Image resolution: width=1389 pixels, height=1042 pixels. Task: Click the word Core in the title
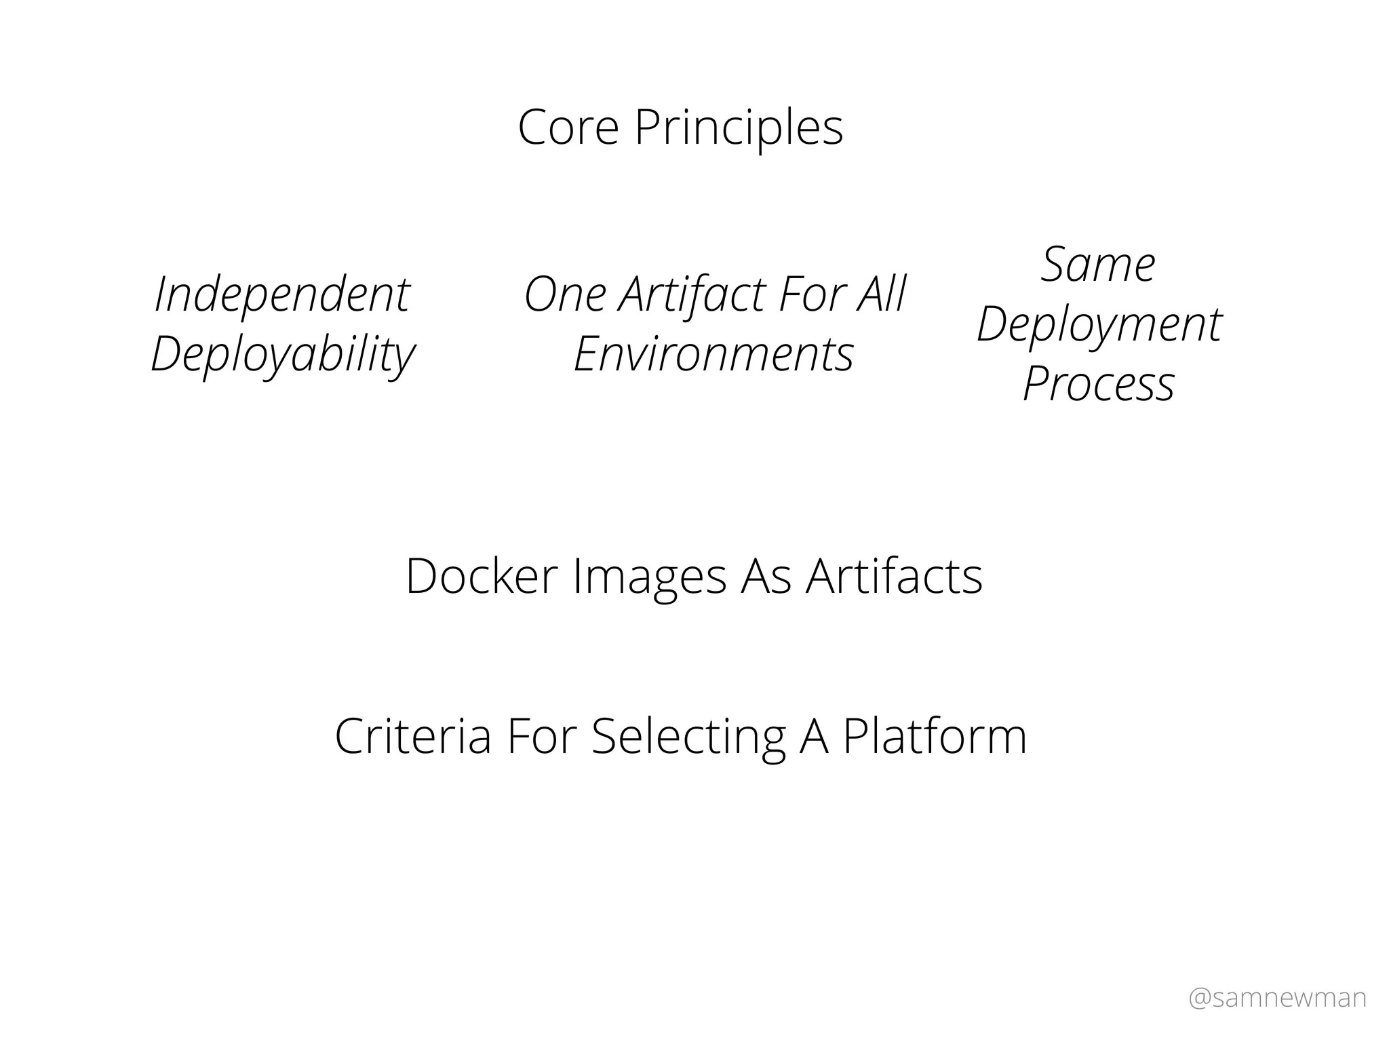click(568, 127)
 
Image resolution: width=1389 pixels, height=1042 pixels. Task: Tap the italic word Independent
click(281, 295)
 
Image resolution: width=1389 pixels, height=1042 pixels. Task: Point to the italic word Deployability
click(282, 355)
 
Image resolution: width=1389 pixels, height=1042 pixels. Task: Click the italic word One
click(565, 295)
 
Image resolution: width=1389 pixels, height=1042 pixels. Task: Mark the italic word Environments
click(713, 354)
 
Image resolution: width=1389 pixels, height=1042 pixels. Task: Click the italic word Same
click(1098, 264)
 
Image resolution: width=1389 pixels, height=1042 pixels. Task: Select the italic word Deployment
click(1099, 325)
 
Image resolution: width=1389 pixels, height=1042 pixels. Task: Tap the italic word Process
click(1099, 384)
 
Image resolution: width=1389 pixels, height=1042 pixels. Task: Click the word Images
click(649, 577)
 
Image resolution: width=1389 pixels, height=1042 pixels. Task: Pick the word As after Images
click(766, 576)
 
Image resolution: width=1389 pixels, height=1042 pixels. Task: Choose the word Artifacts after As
click(894, 576)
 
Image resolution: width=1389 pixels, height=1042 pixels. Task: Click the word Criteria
click(413, 736)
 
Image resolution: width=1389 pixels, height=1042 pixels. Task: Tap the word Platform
click(935, 736)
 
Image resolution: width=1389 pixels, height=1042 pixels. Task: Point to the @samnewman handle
click(1277, 998)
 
